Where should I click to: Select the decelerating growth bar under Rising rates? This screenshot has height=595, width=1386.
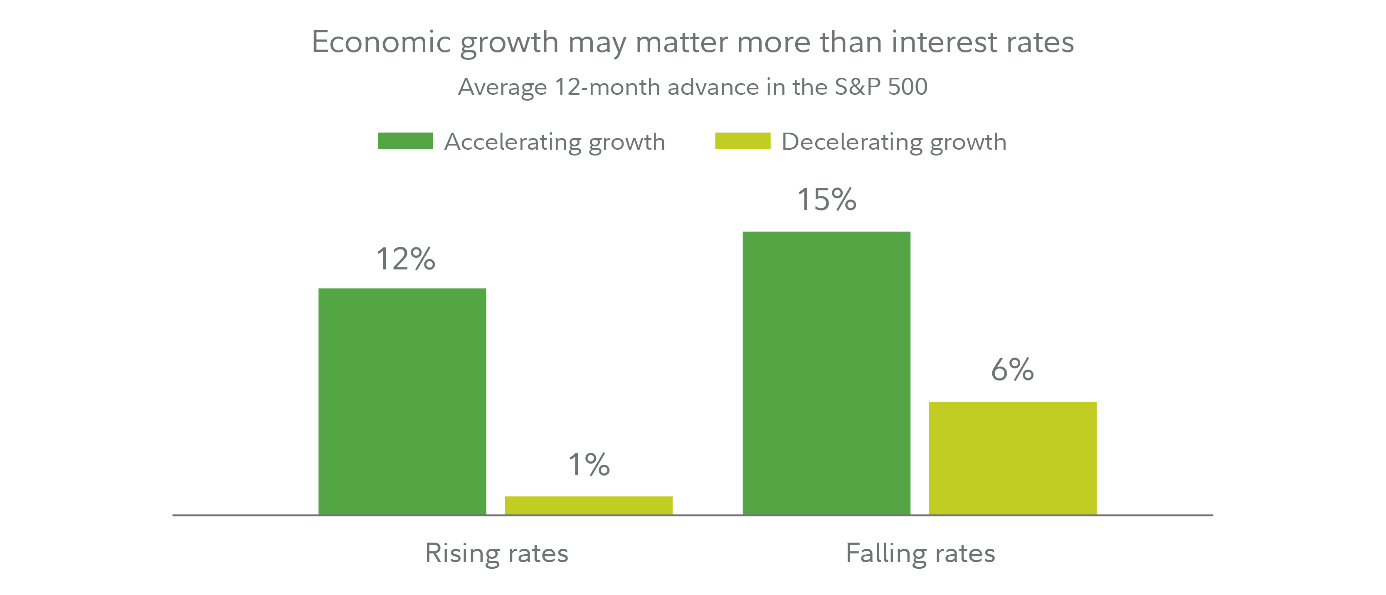tap(588, 505)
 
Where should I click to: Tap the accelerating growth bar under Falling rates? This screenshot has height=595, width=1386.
tap(826, 373)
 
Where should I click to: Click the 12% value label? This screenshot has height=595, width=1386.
tap(405, 259)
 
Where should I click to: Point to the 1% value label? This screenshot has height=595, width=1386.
tap(589, 465)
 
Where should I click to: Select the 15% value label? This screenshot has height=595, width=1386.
tap(826, 200)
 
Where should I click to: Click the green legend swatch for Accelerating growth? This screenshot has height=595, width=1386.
tap(405, 141)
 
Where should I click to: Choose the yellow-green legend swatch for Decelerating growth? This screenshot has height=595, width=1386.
tap(742, 141)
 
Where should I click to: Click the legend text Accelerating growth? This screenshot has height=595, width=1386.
tap(555, 142)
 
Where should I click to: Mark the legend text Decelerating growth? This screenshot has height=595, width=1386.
tap(894, 142)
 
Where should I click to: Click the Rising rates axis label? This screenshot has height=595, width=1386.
tap(497, 553)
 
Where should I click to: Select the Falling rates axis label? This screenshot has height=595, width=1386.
tap(920, 553)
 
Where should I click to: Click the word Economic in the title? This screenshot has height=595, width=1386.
tap(381, 42)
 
